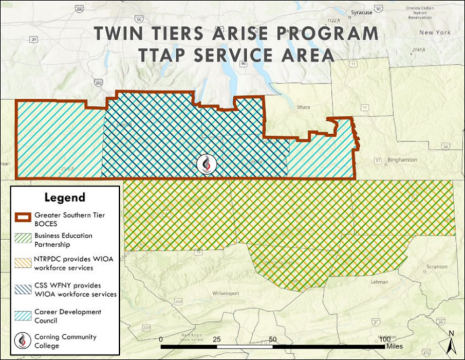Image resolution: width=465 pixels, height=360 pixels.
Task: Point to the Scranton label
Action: [437, 267]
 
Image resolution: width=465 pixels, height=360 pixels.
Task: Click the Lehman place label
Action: [379, 282]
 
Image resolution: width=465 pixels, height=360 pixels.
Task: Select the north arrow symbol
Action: [450, 340]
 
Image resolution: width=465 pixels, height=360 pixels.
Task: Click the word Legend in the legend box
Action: [65, 197]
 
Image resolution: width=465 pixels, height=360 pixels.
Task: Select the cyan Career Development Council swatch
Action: [24, 315]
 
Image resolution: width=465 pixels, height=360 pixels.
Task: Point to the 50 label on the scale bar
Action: [273, 340]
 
